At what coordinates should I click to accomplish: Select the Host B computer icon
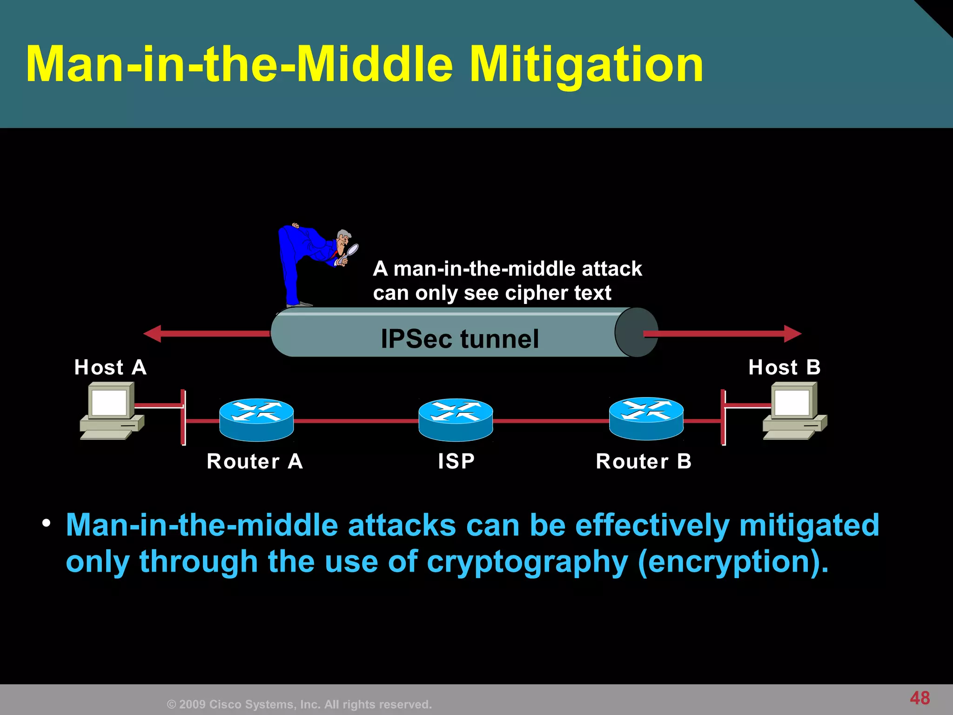coord(795,410)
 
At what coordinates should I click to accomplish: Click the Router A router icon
coord(256,419)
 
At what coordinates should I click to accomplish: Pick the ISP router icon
coord(456,419)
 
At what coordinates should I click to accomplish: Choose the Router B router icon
coord(646,418)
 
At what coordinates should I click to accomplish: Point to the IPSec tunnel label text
coord(460,338)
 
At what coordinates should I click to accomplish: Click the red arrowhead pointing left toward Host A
coord(153,333)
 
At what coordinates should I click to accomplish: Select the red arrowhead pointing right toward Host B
coord(792,333)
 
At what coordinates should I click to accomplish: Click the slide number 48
coord(919,698)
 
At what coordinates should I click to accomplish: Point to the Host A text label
coord(110,367)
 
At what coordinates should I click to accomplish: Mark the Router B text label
coord(644,461)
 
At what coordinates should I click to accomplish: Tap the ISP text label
coord(456,461)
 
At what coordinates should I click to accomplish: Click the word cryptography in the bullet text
coord(527,562)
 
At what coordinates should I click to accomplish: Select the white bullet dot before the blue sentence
coord(46,523)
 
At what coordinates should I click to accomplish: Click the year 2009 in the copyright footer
coord(192,704)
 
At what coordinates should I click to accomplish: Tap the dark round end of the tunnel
coord(636,332)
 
